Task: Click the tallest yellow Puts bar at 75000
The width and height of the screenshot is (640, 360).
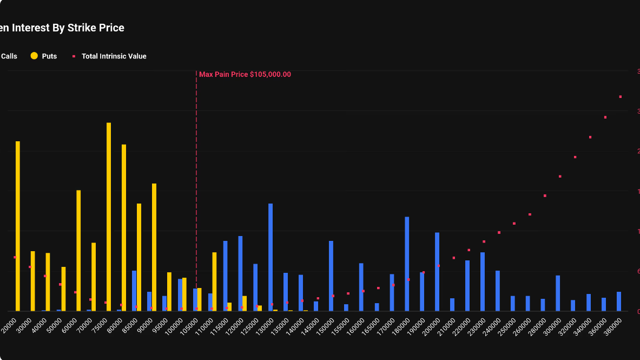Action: (109, 217)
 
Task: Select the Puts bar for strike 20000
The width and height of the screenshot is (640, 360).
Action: (18, 226)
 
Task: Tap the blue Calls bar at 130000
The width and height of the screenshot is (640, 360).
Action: (270, 257)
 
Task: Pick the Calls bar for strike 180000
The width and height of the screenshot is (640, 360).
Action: (407, 264)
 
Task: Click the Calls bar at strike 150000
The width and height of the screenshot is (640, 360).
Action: (331, 276)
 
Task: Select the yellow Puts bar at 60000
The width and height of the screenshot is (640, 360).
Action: (78, 250)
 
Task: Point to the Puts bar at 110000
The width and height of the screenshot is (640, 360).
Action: (214, 282)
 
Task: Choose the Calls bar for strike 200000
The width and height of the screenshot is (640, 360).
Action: (437, 271)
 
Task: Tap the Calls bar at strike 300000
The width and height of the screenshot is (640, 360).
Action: (558, 293)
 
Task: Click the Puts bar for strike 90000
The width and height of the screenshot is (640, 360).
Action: (154, 247)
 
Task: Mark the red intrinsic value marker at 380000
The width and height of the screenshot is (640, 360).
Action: (621, 97)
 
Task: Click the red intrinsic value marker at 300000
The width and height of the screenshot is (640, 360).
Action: (560, 176)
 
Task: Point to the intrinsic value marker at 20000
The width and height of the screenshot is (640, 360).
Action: (15, 257)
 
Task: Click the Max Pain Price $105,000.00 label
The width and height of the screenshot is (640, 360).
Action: (245, 75)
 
